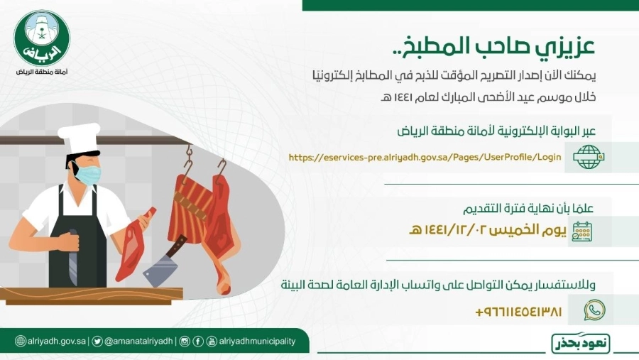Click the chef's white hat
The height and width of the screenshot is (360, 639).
point(80,139)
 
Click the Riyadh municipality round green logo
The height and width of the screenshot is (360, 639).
point(42,40)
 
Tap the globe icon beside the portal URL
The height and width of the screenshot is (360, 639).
point(587,157)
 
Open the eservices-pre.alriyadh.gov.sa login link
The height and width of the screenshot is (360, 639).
point(425,157)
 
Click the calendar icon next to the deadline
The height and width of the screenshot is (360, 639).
point(582,231)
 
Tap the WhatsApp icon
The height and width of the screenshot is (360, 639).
point(594,310)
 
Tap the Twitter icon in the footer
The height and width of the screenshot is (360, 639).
point(97,342)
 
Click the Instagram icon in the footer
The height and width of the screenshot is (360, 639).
point(185,342)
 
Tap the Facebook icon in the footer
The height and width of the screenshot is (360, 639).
point(199,342)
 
